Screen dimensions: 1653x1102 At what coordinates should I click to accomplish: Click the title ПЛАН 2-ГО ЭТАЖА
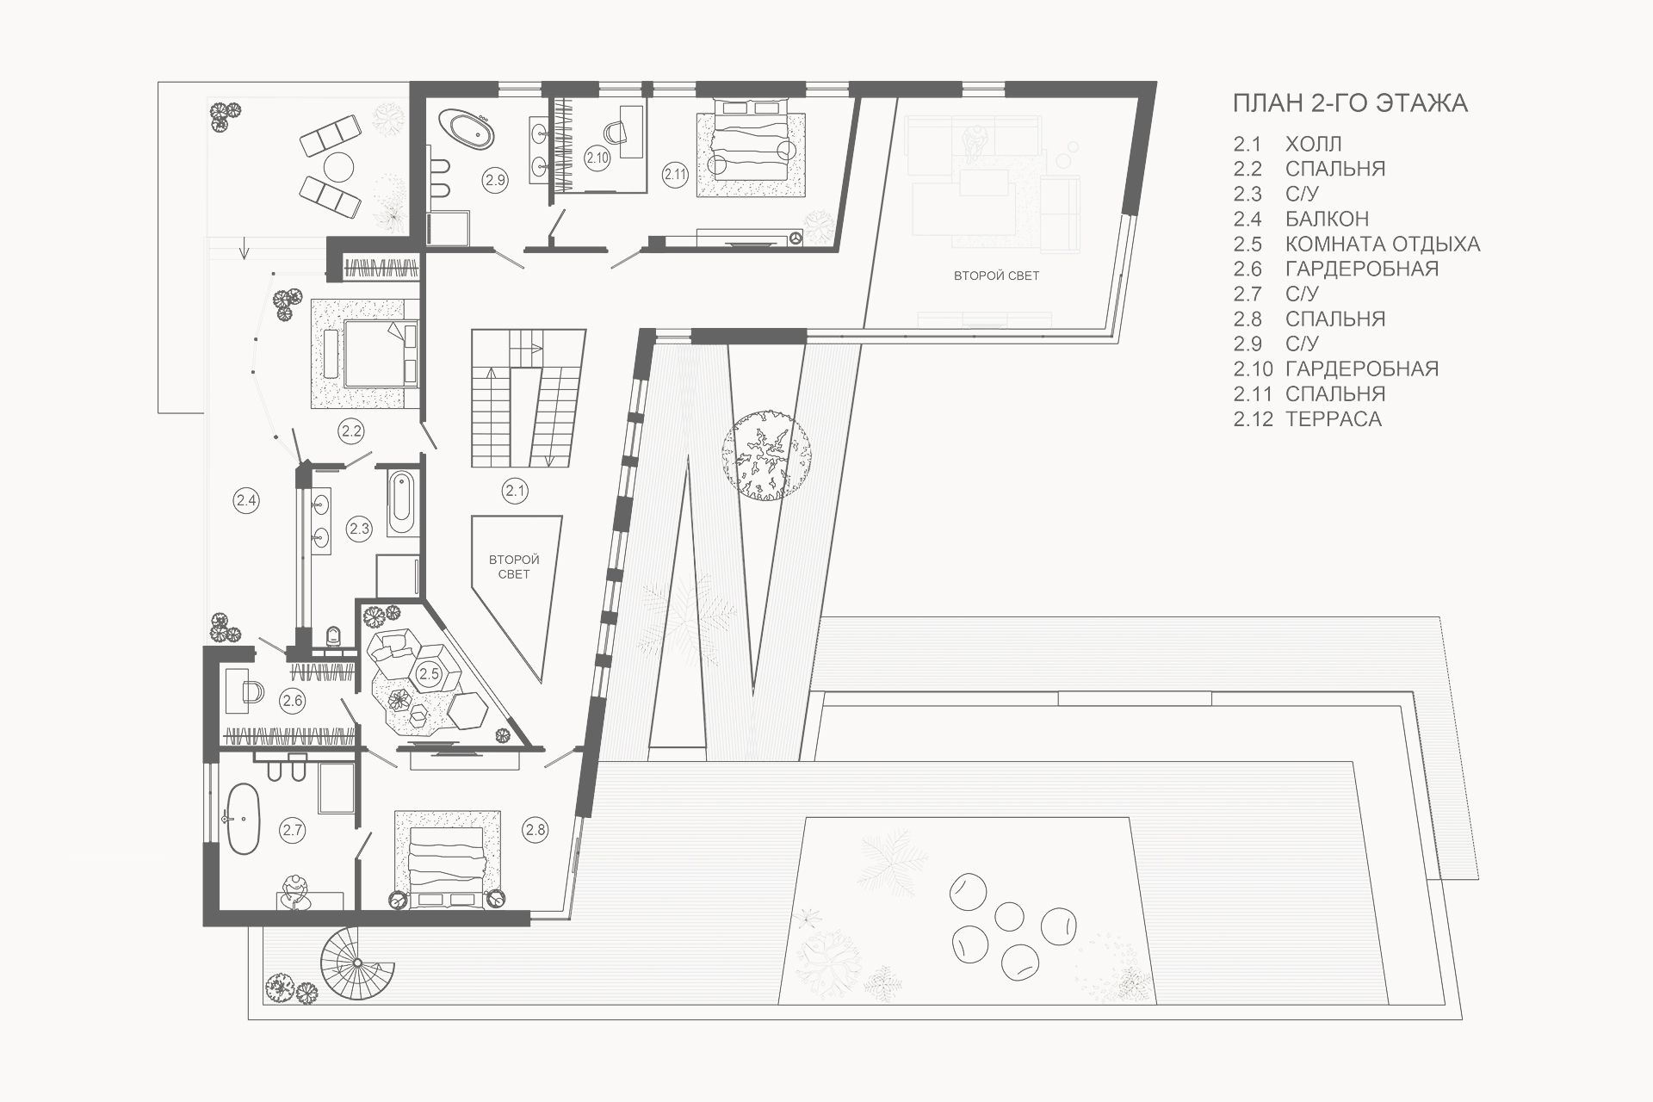coord(1350,103)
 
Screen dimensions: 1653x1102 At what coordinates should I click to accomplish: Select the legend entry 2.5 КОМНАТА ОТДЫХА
coord(1357,244)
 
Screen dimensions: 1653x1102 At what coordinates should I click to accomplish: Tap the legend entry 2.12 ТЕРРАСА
coord(1307,419)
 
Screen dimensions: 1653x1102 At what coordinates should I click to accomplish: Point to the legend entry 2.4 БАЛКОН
coord(1301,219)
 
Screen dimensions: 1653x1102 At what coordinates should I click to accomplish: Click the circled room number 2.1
coord(515,492)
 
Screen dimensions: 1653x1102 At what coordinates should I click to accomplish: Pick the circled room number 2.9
coord(494,181)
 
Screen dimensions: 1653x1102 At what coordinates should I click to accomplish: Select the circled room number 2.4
coord(246,499)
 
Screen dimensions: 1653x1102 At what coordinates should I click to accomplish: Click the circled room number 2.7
coord(293,830)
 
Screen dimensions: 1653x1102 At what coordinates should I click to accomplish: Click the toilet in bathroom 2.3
coord(335,635)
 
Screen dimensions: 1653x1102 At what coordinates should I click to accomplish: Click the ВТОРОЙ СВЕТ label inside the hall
coord(513,566)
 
